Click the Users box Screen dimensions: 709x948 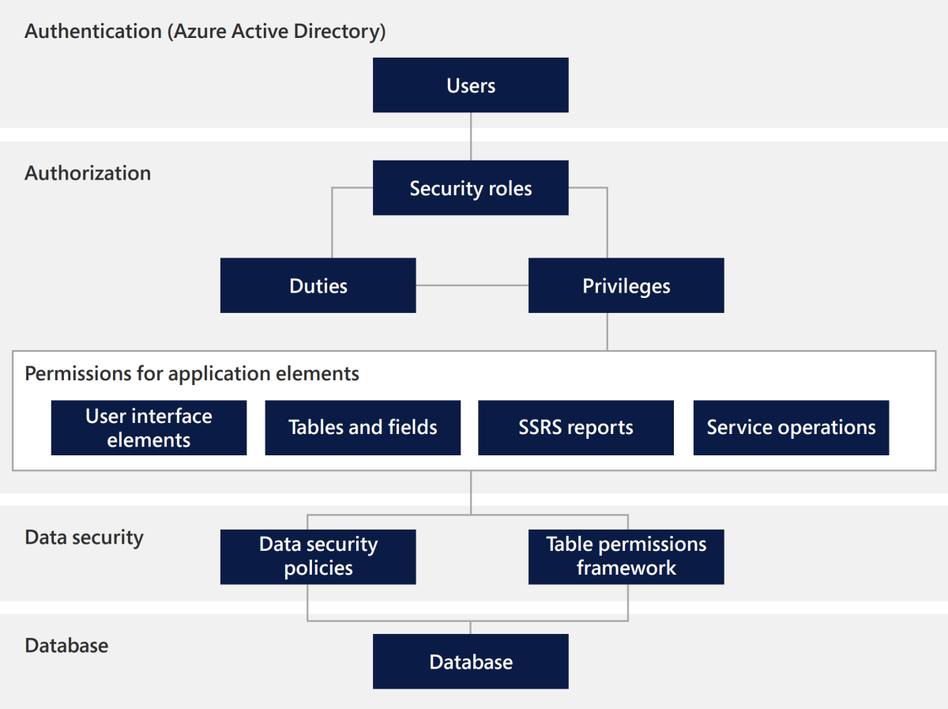[470, 85]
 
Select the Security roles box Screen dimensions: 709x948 [470, 188]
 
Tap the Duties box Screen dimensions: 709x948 [318, 285]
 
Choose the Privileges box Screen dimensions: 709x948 [626, 285]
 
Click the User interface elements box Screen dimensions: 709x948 [149, 428]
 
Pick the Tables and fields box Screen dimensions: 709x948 [363, 428]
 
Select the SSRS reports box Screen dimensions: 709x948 [576, 428]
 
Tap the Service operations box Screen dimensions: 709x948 [791, 428]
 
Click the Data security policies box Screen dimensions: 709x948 [318, 556]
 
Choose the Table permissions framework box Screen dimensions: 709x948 [626, 556]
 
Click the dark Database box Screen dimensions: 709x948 [470, 662]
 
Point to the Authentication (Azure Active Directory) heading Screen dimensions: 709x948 [205, 32]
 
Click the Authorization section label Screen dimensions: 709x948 [88, 173]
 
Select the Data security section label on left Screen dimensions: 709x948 [85, 537]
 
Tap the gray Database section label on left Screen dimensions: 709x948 [66, 645]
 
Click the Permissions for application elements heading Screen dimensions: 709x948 [192, 373]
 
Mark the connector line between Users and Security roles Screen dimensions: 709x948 [471, 136]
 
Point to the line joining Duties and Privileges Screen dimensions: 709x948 [472, 285]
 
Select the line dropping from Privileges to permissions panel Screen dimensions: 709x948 [607, 331]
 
